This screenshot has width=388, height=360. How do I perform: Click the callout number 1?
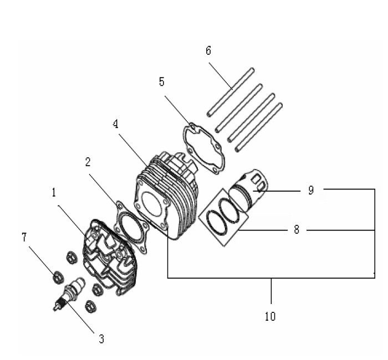tap(54, 193)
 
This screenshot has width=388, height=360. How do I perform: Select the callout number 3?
tap(101, 338)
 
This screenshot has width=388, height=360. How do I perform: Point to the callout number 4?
tap(115, 124)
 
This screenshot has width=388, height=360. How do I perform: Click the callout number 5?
tap(161, 82)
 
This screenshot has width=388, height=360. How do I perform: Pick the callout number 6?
tap(208, 51)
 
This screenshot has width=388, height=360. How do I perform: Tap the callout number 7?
tap(24, 237)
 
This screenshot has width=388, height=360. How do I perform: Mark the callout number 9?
tap(311, 190)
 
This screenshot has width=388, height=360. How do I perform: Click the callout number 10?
tap(270, 317)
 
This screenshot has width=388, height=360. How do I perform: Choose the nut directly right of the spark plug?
tap(95, 289)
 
